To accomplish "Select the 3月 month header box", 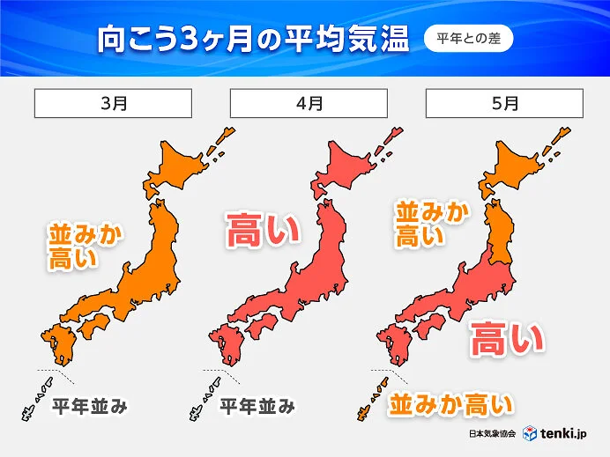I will pos(114,103).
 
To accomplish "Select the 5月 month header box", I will pos(504,103).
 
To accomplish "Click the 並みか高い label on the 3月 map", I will pos(86,247).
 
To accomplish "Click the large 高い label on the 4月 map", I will pos(264,232).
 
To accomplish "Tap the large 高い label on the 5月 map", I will pos(505,339).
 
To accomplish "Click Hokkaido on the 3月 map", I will pos(185,167).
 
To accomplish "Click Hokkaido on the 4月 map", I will pos(353,167).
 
